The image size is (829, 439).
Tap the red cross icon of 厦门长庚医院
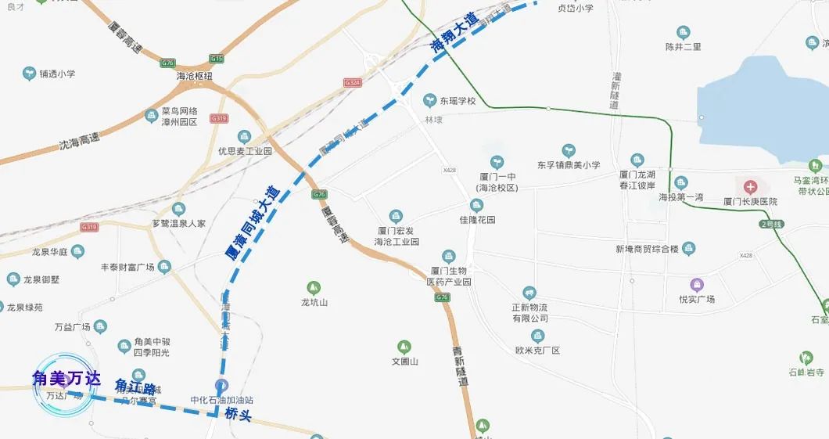pyautogui.click(x=751, y=187)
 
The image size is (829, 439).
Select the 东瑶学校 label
pyautogui.click(x=457, y=101)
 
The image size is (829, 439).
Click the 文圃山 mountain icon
pyautogui.click(x=404, y=346)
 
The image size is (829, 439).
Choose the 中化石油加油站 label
pyautogui.click(x=222, y=400)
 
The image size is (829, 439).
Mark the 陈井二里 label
pyautogui.click(x=683, y=46)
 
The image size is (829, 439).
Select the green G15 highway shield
pyautogui.click(x=217, y=59)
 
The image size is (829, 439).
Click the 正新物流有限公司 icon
pyautogui.click(x=529, y=293)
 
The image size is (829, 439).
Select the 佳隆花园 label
pyautogui.click(x=472, y=220)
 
